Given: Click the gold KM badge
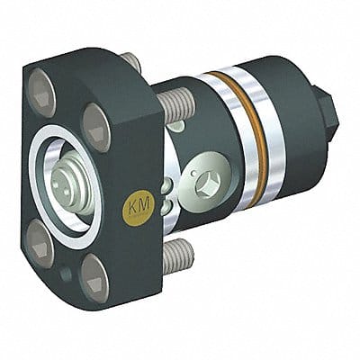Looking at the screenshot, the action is (x=138, y=208).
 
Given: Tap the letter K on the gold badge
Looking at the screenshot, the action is (x=133, y=206).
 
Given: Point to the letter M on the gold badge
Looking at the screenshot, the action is (x=145, y=205).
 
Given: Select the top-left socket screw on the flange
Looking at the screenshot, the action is (x=42, y=93).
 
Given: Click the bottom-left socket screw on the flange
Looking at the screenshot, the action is (x=39, y=242).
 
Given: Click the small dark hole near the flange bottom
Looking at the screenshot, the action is (x=66, y=274).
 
